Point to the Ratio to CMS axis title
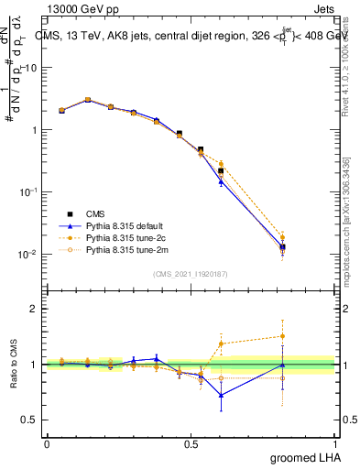click(x=14, y=365)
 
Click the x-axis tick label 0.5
click(x=191, y=442)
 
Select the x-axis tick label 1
click(x=334, y=442)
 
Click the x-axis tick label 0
click(x=47, y=442)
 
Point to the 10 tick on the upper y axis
click(x=30, y=68)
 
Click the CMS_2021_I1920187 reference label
click(x=190, y=274)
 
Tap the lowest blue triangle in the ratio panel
click(x=221, y=395)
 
